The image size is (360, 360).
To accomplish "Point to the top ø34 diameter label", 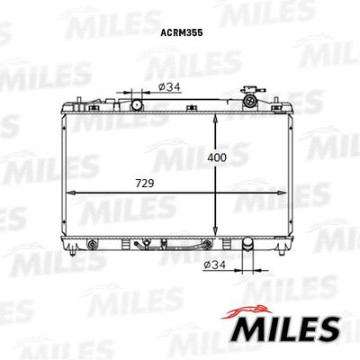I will (x=169, y=87).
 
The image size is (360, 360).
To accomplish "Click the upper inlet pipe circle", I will (x=137, y=104).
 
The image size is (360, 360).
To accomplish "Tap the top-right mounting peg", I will (x=287, y=102).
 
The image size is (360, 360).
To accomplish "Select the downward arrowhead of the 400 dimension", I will (x=216, y=233).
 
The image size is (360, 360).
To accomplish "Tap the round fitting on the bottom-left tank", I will (x=93, y=243).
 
